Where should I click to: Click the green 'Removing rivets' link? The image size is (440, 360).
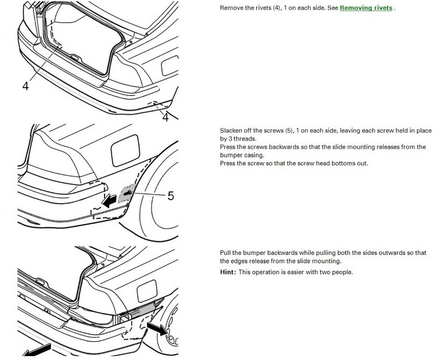pos(366,8)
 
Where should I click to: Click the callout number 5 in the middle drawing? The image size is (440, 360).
pos(171,195)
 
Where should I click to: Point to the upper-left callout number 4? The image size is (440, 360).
pos(25,86)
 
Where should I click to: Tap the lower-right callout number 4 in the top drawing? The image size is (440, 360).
pos(166,117)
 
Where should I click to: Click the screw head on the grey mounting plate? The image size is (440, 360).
pos(128,193)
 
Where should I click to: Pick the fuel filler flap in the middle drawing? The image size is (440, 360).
pos(125,150)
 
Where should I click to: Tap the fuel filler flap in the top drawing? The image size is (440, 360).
pos(170,66)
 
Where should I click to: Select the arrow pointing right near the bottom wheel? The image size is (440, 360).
pos(158,328)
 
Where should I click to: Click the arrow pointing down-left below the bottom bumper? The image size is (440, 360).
pos(36,350)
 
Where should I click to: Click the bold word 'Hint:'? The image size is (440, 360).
pos(228,272)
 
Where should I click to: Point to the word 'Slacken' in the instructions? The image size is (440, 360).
pos(230,131)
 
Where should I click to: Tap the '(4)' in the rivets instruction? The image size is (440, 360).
pos(276,8)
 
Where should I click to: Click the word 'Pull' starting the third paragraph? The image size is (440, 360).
pos(225,253)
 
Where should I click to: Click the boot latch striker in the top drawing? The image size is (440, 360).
pos(75,58)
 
